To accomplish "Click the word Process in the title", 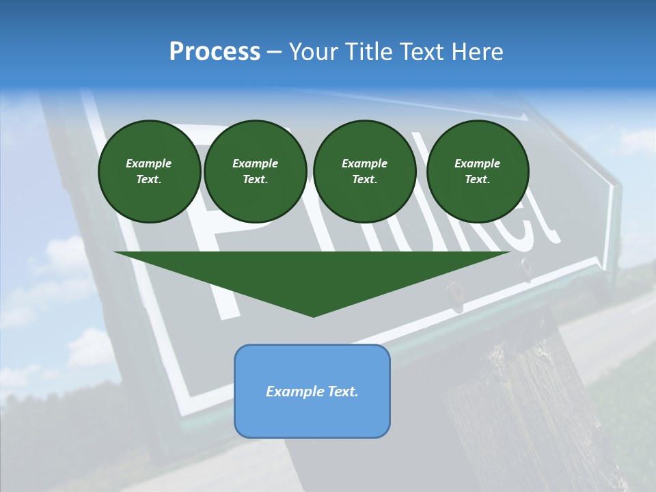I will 215,52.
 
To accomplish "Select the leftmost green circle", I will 149,172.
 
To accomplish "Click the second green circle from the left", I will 255,172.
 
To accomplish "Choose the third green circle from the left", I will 364,172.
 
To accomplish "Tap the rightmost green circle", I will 478,172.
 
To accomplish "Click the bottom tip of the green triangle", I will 313,315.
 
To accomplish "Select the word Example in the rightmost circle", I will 478,163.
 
